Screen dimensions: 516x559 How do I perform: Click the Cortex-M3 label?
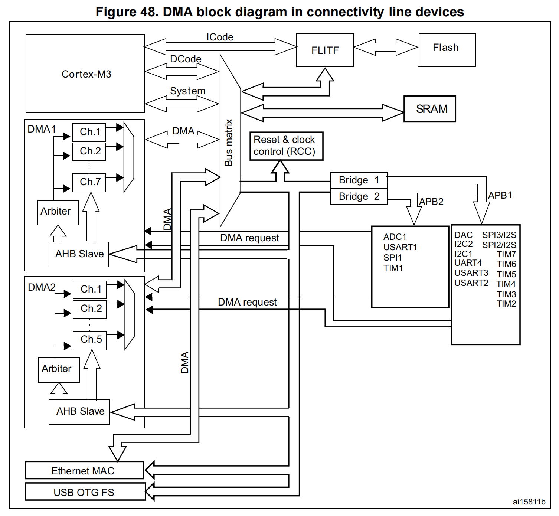click(86, 74)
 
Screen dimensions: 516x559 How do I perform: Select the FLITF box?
click(325, 50)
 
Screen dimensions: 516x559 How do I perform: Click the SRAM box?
click(430, 109)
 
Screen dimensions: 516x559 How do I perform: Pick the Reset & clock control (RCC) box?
click(286, 146)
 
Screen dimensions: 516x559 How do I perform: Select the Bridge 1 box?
click(359, 180)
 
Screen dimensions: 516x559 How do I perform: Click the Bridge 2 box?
click(359, 196)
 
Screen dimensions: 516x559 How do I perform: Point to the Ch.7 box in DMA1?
click(89, 182)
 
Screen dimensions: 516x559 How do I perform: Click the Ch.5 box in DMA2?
click(90, 340)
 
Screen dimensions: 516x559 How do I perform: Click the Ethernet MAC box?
click(84, 470)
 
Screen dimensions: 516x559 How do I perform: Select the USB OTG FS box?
click(85, 492)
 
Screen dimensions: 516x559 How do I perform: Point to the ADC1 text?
click(395, 237)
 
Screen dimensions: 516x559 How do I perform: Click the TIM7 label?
click(506, 254)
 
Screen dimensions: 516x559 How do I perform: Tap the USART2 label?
click(471, 283)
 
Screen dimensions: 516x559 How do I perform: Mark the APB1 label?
click(500, 195)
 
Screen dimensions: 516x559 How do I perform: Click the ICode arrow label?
click(220, 37)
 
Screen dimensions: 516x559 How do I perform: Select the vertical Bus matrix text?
click(229, 143)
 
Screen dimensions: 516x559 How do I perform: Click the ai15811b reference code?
click(529, 502)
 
